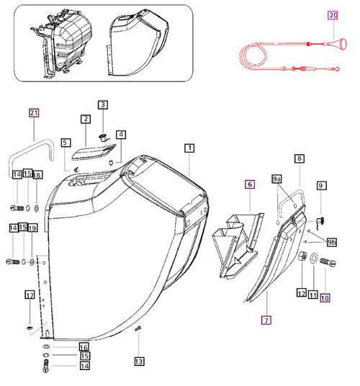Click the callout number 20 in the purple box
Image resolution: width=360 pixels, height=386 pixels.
332,14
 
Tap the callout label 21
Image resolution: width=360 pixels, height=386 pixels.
33,113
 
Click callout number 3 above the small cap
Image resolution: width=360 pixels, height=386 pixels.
102,105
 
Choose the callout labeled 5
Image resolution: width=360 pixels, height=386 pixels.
66,143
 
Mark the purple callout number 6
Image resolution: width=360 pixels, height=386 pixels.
250,186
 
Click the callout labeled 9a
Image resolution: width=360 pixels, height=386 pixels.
278,178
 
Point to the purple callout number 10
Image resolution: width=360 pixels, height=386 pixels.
325,294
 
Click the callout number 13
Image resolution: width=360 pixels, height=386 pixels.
138,361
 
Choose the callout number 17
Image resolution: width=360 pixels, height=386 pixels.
30,295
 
